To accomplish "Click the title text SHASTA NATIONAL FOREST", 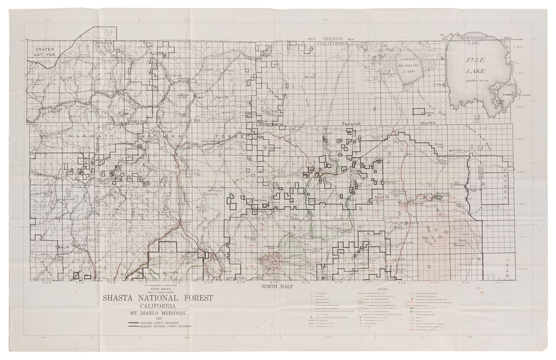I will point(157,298).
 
